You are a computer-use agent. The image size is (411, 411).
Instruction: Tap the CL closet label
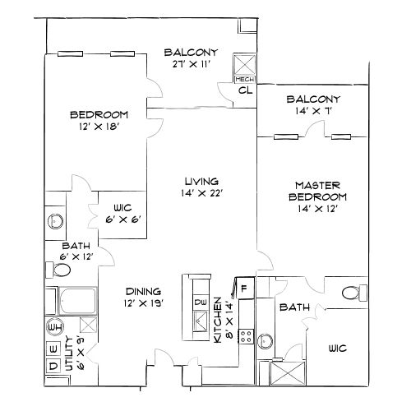pyautogui.click(x=244, y=90)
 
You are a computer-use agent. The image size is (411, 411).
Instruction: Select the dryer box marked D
pyautogui.click(x=52, y=365)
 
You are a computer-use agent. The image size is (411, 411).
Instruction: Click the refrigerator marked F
pyautogui.click(x=243, y=289)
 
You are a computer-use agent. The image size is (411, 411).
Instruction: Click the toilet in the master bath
pyautogui.click(x=351, y=293)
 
